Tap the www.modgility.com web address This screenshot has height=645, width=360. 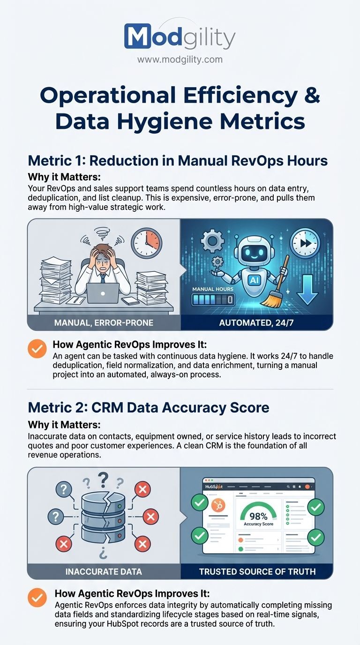(180, 60)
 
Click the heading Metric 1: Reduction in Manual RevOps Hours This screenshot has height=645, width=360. (178, 160)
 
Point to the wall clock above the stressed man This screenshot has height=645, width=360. (146, 243)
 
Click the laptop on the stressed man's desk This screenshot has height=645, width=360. (103, 293)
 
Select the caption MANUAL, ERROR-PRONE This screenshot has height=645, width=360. (104, 322)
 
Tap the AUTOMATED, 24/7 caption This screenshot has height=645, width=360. (256, 322)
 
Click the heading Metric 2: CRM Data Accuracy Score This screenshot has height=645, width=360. (149, 407)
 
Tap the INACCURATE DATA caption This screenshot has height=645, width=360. (104, 571)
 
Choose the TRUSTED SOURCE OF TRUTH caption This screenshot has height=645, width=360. (257, 571)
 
